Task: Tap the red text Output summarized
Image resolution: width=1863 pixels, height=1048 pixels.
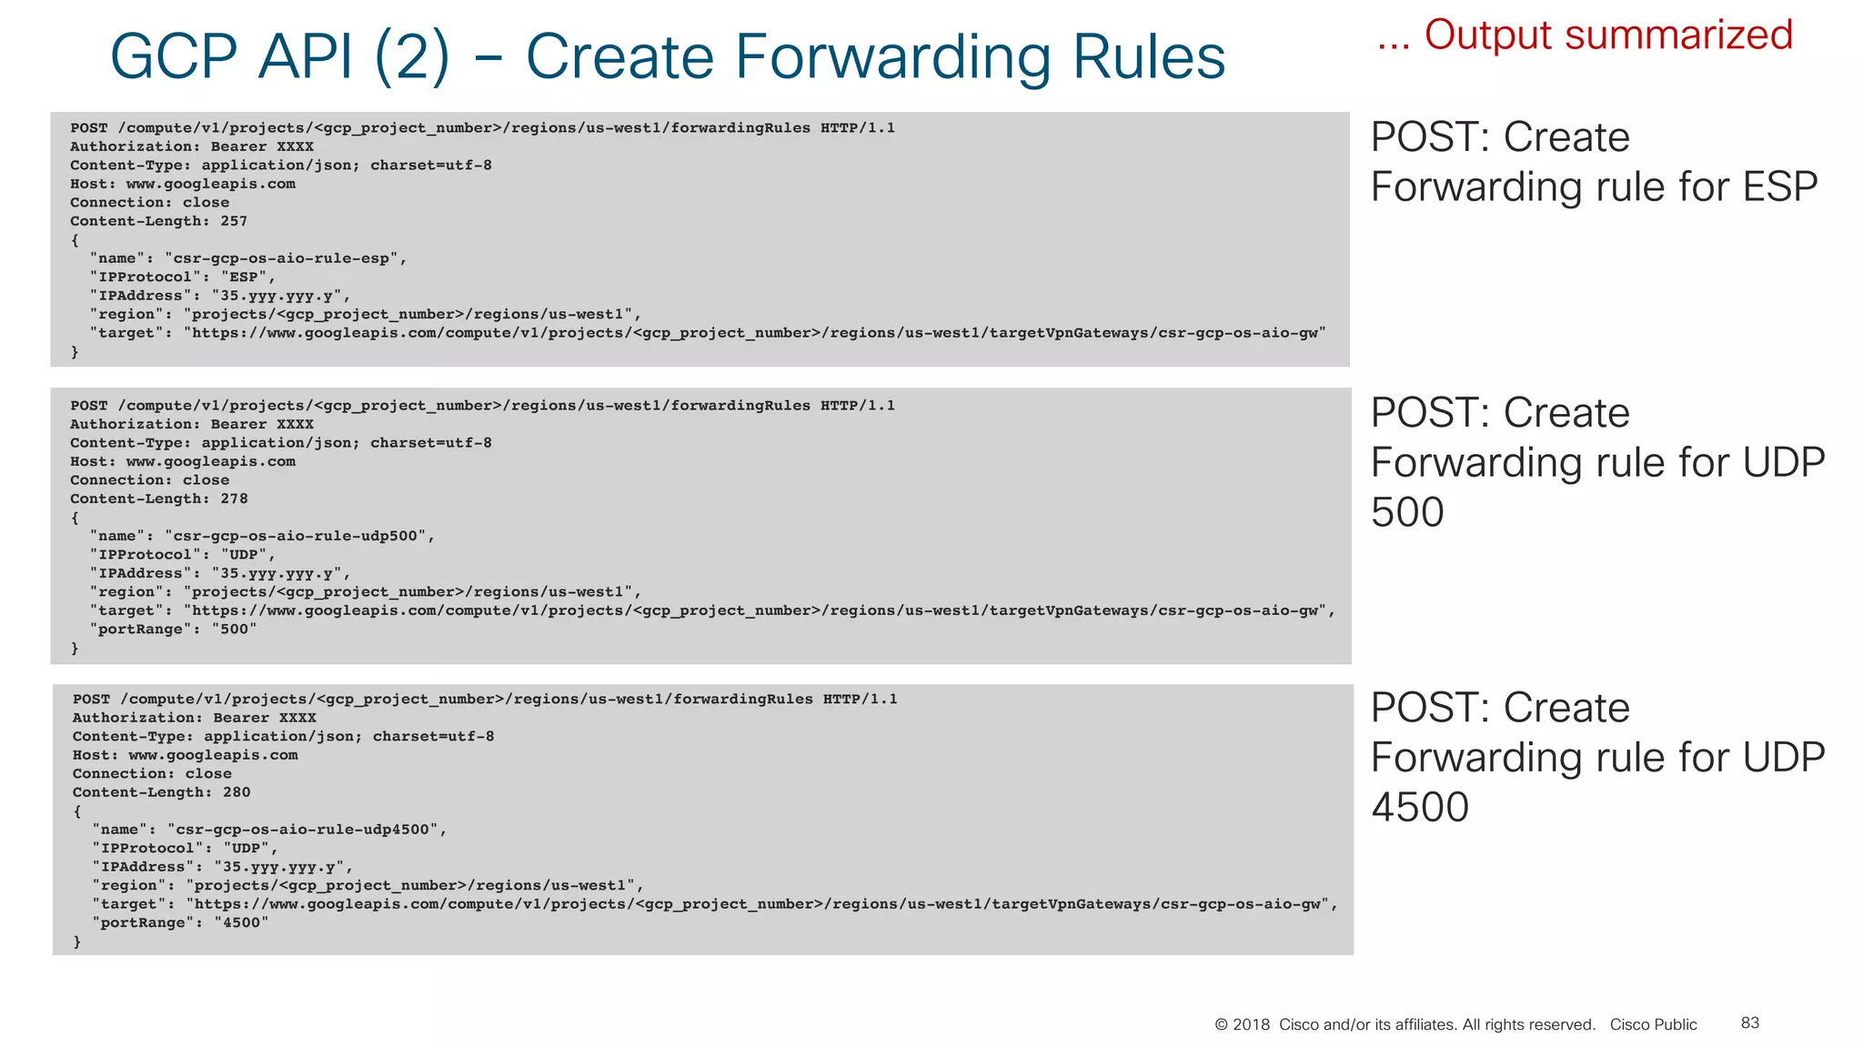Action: (1607, 35)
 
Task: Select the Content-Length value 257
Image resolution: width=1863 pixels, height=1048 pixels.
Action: (234, 221)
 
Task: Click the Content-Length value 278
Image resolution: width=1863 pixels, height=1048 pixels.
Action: (234, 499)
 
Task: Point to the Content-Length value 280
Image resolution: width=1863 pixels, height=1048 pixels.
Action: (237, 792)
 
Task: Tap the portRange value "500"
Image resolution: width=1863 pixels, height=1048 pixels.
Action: (235, 630)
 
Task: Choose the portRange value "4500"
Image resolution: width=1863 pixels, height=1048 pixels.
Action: (241, 922)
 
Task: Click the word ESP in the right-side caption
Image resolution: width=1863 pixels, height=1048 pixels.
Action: (1779, 187)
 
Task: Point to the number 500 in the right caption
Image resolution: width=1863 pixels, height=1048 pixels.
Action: (1407, 512)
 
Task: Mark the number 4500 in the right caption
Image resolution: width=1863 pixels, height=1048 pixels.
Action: (1420, 807)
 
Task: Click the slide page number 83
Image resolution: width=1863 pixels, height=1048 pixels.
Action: (1750, 1023)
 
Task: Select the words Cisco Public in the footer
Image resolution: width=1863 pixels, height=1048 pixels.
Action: (1653, 1024)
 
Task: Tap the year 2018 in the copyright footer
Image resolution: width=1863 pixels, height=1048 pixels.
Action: (1251, 1024)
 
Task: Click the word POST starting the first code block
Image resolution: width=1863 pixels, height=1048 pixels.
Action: (89, 128)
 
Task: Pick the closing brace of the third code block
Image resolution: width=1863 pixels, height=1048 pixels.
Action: (77, 942)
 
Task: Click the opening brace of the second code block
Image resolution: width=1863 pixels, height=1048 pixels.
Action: (75, 518)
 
